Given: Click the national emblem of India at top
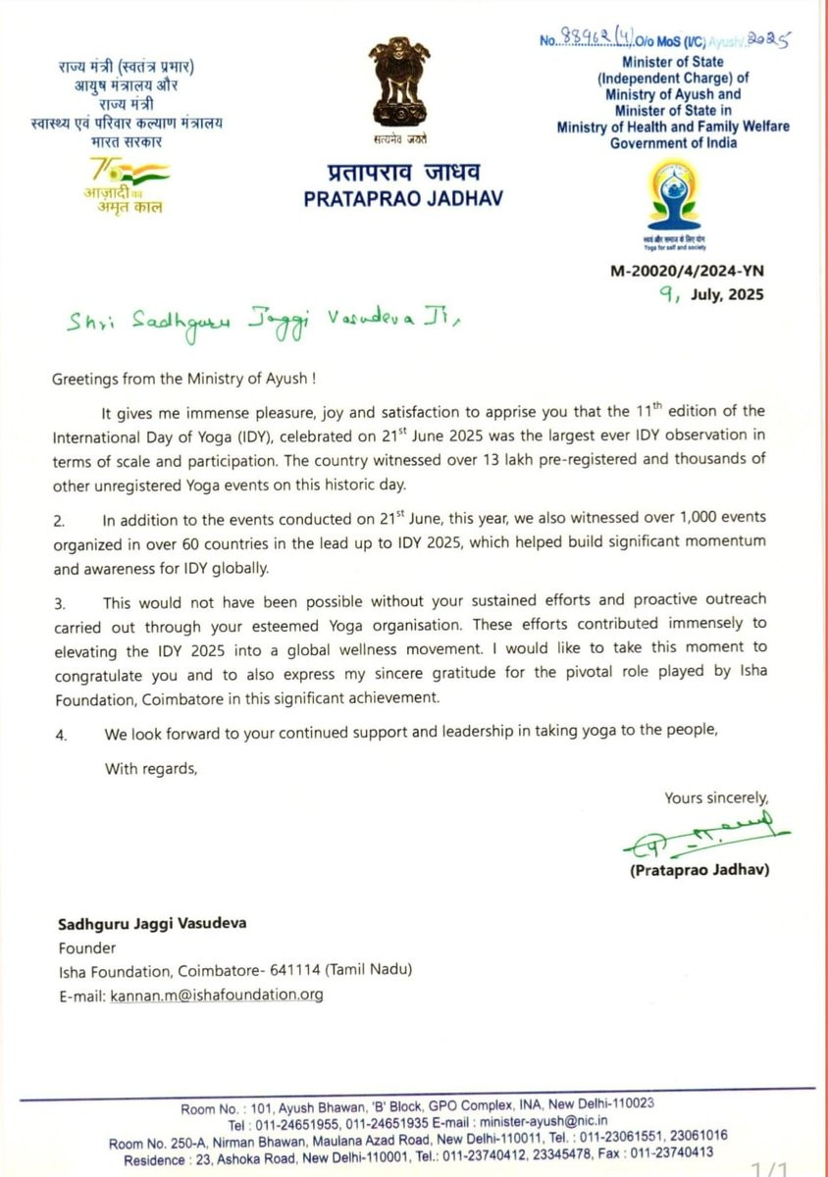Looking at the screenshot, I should pyautogui.click(x=399, y=83).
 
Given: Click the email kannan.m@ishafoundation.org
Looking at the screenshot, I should pyautogui.click(x=231, y=995).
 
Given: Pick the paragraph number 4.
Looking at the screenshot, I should pyautogui.click(x=59, y=734).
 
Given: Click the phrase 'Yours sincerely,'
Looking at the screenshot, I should pyautogui.click(x=716, y=797).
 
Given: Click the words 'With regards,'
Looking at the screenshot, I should pyautogui.click(x=151, y=769).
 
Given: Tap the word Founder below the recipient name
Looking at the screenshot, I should pyautogui.click(x=84, y=948).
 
